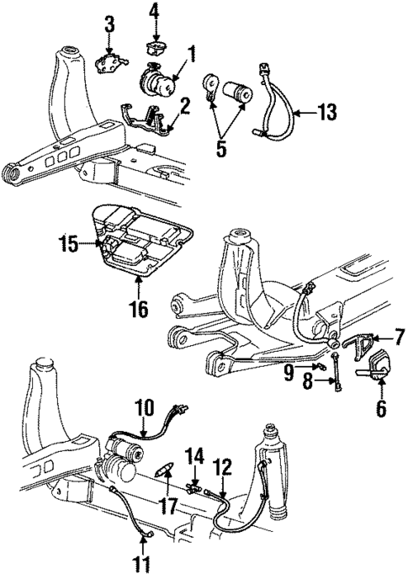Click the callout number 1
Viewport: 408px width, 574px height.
[191, 56]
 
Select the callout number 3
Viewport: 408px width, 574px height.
[109, 24]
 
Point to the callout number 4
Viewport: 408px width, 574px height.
[153, 10]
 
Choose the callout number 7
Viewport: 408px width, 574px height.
[389, 337]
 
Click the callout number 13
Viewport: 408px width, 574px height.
[329, 110]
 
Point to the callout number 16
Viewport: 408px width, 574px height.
[139, 308]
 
